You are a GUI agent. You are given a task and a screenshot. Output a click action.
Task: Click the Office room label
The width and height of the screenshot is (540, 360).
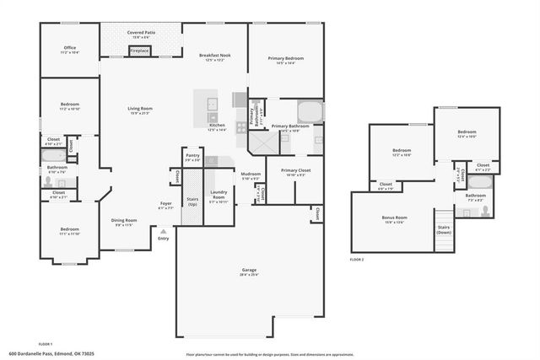click(69, 50)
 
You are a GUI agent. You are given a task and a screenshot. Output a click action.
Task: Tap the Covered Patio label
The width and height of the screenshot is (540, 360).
click(140, 35)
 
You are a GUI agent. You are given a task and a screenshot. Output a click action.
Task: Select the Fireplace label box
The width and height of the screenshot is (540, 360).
click(139, 51)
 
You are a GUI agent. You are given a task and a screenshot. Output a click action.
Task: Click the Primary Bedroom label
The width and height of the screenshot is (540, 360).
click(286, 60)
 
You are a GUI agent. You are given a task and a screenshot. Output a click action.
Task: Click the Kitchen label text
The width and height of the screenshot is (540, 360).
click(217, 127)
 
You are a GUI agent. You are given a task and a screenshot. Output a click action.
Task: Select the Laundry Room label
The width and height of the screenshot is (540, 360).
click(219, 196)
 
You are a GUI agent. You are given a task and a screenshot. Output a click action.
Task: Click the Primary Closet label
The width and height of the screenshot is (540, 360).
click(295, 172)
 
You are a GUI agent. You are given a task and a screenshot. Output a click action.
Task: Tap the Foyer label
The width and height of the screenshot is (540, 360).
click(166, 205)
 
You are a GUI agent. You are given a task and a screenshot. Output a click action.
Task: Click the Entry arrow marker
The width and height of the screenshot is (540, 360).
click(163, 232)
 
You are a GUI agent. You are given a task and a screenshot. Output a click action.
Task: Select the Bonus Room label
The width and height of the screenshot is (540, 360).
click(394, 218)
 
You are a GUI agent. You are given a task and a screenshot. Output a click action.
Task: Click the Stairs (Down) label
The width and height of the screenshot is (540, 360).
click(444, 229)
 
